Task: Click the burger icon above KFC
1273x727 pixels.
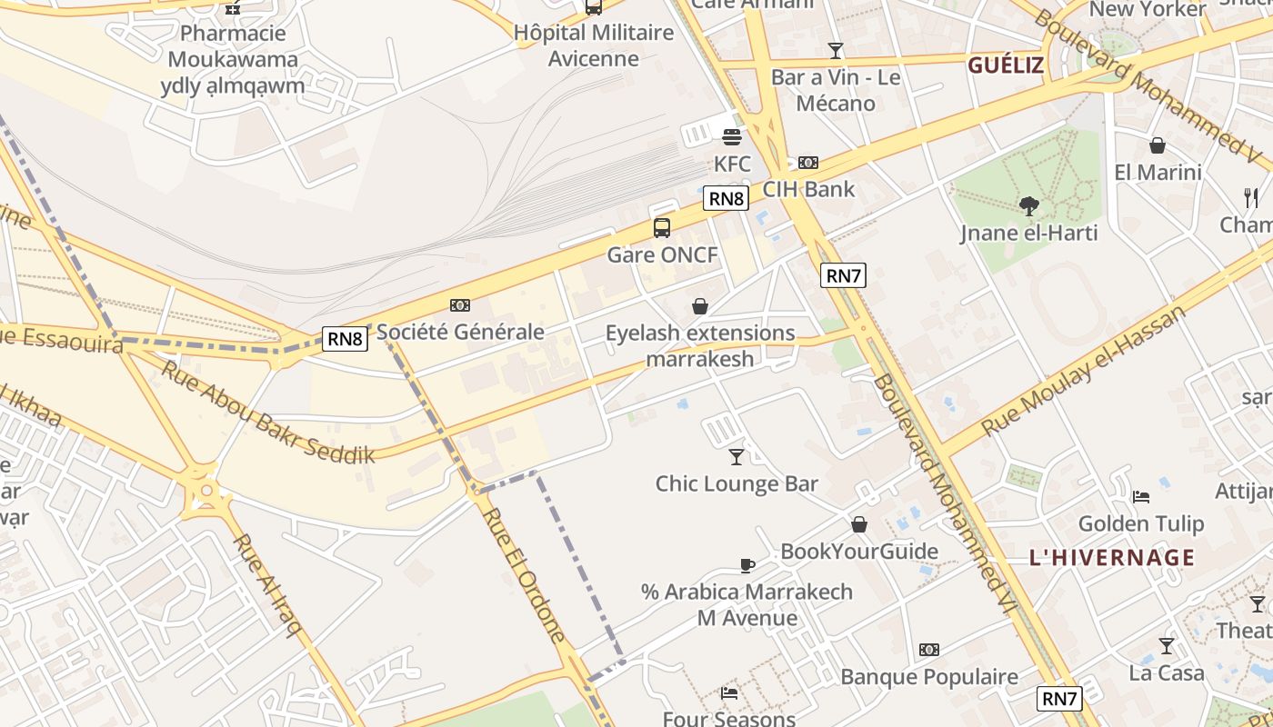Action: [x=732, y=137]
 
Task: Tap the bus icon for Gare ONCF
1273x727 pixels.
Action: [x=662, y=228]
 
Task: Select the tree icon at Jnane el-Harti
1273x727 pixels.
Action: [x=1028, y=206]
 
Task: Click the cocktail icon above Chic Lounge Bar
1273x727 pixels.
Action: [x=737, y=456]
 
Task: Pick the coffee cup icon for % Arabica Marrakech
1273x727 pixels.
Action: [x=747, y=565]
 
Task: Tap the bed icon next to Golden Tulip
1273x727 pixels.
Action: [x=1141, y=496]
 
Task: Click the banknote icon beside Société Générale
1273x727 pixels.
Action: [x=460, y=305]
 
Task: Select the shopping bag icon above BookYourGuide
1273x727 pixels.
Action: [x=859, y=524]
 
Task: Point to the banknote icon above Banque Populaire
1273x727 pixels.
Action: [x=928, y=650]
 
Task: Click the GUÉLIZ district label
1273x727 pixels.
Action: [x=1005, y=65]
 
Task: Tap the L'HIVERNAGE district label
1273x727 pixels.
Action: [x=1112, y=557]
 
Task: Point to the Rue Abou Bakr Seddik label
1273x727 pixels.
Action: [x=268, y=413]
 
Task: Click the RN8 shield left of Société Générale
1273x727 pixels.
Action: [x=346, y=340]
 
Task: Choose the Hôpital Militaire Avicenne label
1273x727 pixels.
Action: [x=594, y=45]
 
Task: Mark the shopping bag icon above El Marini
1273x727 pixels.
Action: [x=1158, y=145]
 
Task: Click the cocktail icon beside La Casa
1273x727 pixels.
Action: [x=1167, y=646]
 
